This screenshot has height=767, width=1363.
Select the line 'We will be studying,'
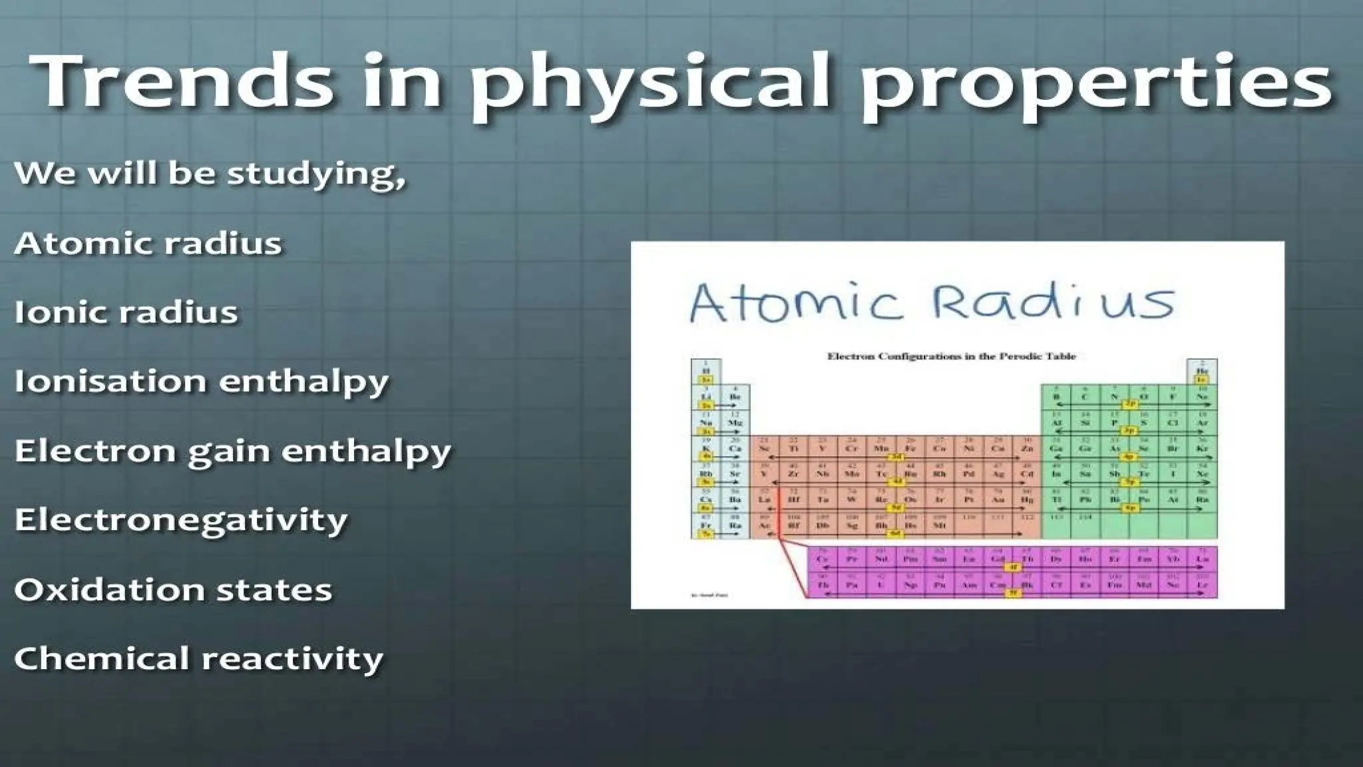210,174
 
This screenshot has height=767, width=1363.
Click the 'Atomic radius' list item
148,243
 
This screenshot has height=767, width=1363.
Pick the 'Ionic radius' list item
126,312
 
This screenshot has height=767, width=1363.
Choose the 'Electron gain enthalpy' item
232,451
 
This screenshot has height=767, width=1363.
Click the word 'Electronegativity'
181,520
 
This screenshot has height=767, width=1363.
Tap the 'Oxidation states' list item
173,590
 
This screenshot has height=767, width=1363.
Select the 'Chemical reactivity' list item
198,659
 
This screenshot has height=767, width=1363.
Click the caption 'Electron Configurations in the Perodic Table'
951,356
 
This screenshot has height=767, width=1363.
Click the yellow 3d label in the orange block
896,457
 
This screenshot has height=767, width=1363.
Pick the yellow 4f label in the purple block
1012,567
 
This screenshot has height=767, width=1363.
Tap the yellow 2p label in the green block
1129,404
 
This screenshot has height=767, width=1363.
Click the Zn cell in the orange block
1027,448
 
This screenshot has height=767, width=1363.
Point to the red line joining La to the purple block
792,566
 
